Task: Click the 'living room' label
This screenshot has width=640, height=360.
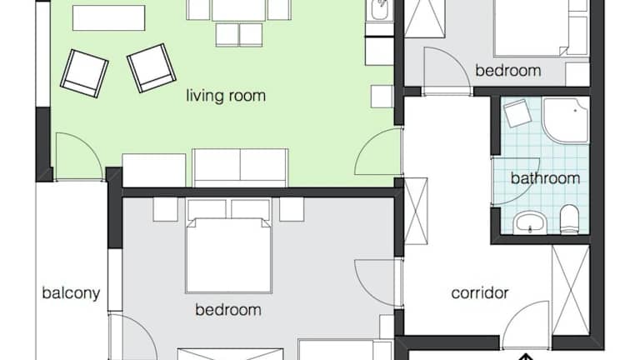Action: [226, 96]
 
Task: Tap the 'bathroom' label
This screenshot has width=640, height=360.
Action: [545, 178]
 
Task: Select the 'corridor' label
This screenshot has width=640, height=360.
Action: [480, 293]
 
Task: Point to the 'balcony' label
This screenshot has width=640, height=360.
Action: [71, 293]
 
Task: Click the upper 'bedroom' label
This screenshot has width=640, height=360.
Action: [508, 71]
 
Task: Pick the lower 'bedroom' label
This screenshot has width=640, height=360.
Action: [228, 310]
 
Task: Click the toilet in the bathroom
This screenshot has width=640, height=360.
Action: [569, 219]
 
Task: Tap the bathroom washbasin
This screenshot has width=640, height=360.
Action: [530, 222]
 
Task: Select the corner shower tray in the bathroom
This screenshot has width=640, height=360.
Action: [566, 120]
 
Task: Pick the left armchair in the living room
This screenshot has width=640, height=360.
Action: [84, 73]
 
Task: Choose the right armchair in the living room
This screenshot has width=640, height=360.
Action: [152, 68]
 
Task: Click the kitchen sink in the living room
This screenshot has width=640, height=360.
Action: [380, 10]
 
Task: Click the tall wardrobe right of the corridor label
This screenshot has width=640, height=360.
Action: [571, 290]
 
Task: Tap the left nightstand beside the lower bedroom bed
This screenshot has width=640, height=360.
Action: [165, 209]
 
